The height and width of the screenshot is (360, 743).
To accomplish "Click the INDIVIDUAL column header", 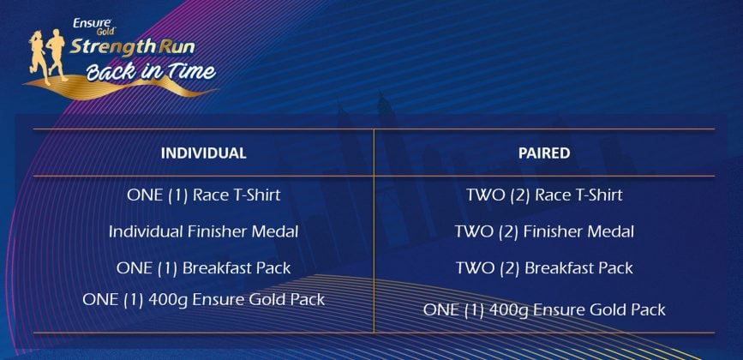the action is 203,153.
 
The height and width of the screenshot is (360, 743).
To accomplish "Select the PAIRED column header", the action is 544,153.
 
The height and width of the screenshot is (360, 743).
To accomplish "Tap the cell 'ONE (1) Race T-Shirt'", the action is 203,195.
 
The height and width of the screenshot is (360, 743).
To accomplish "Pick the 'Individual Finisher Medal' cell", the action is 203,231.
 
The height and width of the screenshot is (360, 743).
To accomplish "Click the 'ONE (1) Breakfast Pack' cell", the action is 203,268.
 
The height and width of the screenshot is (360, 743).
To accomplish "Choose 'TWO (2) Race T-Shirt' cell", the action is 544,195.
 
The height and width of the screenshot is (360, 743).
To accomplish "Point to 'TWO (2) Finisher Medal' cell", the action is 544,231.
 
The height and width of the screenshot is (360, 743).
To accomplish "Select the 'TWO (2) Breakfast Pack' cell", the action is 544,268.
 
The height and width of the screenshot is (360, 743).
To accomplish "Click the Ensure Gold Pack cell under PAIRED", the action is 544,310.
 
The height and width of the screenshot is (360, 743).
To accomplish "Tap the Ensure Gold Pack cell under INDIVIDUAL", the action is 203,300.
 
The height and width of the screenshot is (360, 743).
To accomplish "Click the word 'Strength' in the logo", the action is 113,48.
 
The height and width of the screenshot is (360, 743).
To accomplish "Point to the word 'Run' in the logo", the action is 177,47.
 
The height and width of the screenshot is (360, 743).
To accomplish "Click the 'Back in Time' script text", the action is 151,71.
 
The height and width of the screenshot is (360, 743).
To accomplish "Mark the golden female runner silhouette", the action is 39,57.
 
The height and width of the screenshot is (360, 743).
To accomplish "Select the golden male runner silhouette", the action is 57,53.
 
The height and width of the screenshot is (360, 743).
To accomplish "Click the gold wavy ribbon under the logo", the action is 118,88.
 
